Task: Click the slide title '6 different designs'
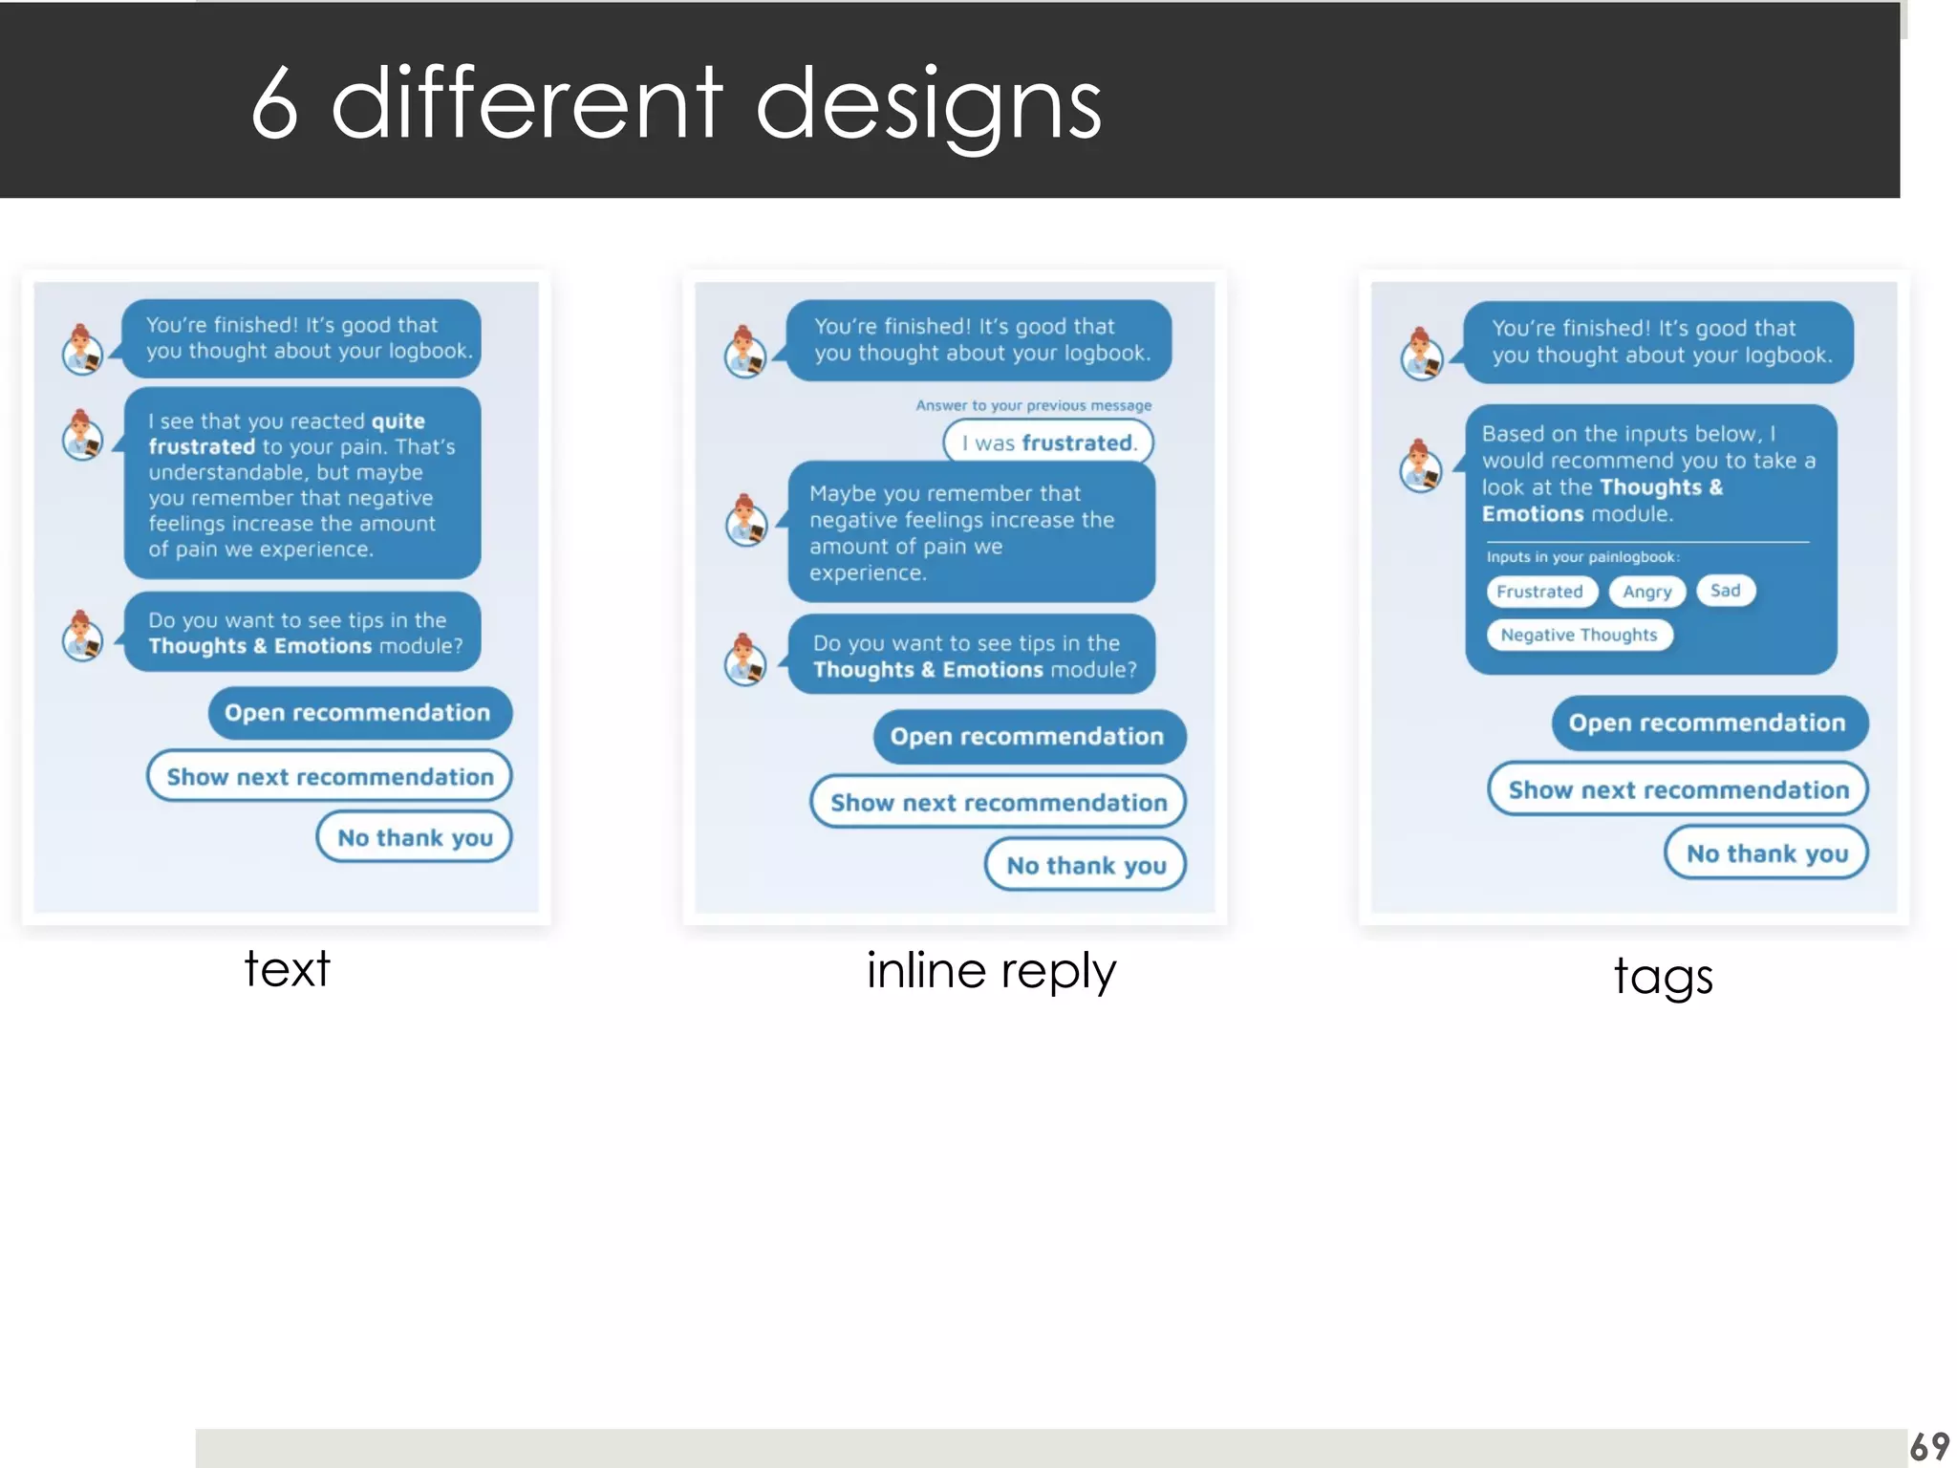click(x=676, y=103)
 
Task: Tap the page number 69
click(x=1928, y=1446)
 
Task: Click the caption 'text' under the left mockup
click(x=287, y=969)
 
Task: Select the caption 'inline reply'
click(x=991, y=971)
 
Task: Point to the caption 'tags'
click(x=1663, y=977)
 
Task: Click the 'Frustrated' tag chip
click(x=1539, y=592)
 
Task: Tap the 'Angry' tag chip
click(x=1646, y=592)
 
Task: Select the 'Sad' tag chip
click(x=1725, y=591)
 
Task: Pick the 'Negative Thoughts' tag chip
click(x=1579, y=635)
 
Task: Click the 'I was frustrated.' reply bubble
click(x=1048, y=443)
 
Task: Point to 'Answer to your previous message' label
click(x=1033, y=405)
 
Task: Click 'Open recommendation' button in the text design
click(x=358, y=713)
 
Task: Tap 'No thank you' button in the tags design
click(x=1766, y=853)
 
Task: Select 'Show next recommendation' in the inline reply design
click(x=998, y=802)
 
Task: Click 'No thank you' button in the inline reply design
click(x=1086, y=865)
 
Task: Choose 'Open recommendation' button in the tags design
click(x=1708, y=723)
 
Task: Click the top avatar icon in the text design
click(x=83, y=350)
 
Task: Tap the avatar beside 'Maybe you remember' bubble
click(x=746, y=522)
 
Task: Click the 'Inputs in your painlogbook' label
click(x=1582, y=557)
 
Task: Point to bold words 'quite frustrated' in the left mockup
click(x=287, y=434)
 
